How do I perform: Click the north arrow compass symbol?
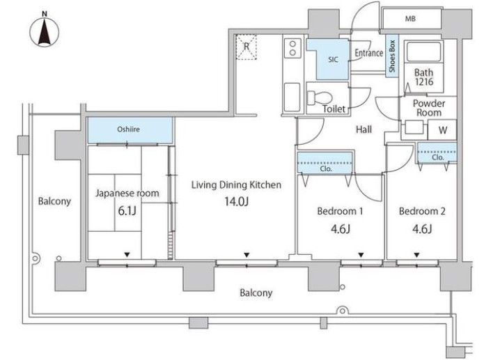coord(45,31)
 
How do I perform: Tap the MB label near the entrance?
coord(410,19)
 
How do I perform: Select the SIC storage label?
coord(333,60)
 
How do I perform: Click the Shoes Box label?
coord(392,56)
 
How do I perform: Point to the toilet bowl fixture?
coord(320,97)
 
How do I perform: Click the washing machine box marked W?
coord(442,130)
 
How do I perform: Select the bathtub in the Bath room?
coord(424,52)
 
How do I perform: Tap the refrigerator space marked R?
coord(247,47)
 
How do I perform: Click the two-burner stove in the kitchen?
coord(292,48)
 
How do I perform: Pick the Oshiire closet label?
coord(128,129)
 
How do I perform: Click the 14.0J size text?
coord(237,201)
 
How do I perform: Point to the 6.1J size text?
coord(127,210)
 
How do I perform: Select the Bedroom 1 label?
coord(340,211)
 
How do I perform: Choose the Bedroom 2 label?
coord(422,211)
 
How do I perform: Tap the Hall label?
coord(364,130)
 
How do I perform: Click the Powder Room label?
coord(429,108)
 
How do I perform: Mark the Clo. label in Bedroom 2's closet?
coord(438,157)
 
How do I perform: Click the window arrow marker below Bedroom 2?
coord(416,255)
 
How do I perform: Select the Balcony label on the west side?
coord(54,201)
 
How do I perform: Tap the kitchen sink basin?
coord(292,97)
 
